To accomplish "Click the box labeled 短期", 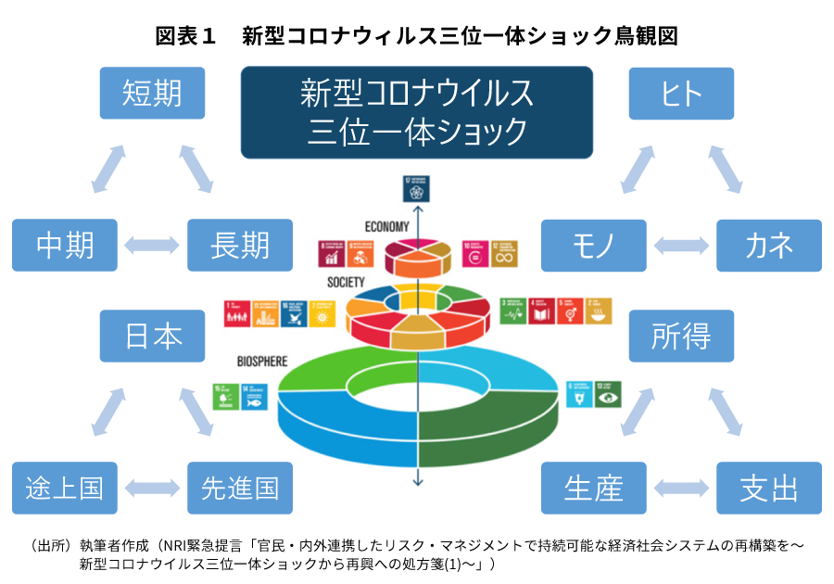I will [152, 93].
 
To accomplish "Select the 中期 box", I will [65, 245].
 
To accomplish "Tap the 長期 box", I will [240, 245].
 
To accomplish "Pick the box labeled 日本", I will [153, 336].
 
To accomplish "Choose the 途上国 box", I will [65, 488].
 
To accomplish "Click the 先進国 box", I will [240, 488].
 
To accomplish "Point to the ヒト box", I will [681, 93].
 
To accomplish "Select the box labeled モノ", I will [593, 245].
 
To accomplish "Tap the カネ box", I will [769, 245].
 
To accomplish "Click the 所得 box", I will [681, 336].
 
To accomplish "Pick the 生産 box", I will [593, 488].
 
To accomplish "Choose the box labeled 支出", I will [769, 488].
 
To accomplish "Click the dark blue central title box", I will [417, 112].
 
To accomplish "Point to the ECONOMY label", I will [387, 226].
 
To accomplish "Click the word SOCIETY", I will [346, 282].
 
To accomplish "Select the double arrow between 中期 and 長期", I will [153, 246].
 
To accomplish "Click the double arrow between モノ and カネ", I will [681, 246].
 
